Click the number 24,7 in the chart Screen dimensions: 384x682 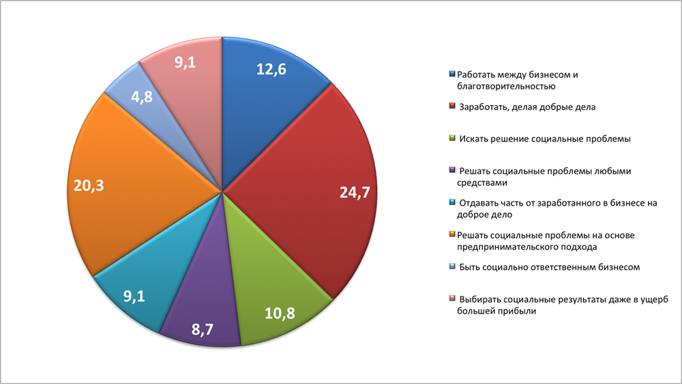coord(355,193)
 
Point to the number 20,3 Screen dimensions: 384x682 coord(88,184)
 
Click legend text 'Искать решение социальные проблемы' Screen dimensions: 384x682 coord(544,139)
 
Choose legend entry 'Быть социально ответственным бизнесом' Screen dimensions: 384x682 coord(549,267)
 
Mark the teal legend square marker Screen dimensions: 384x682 coord(453,203)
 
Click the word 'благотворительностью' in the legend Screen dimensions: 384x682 coord(506,87)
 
